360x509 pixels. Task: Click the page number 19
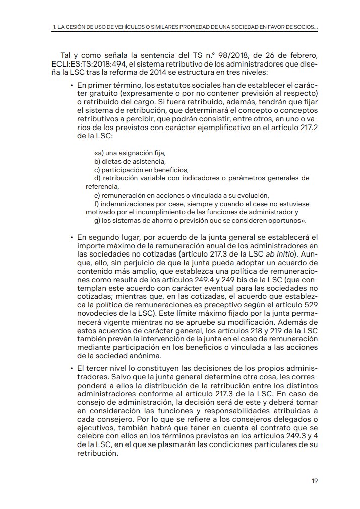314,480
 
